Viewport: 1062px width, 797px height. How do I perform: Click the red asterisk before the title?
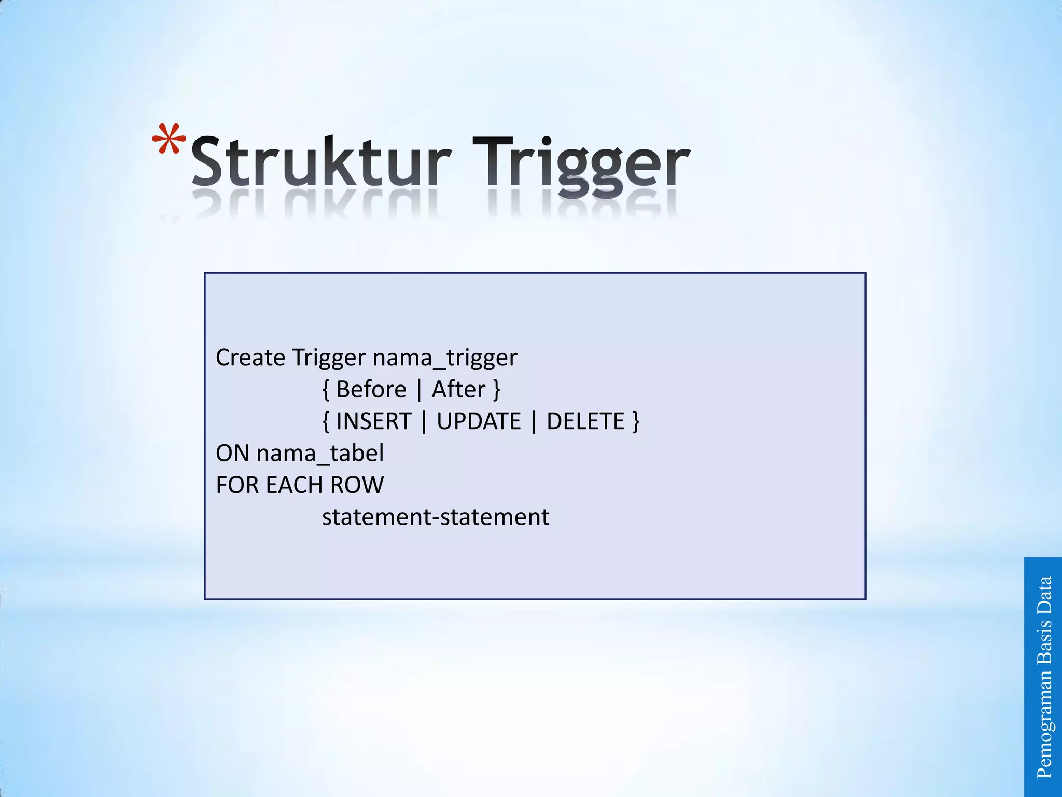[x=169, y=140]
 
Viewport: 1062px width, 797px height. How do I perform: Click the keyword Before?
[x=371, y=390]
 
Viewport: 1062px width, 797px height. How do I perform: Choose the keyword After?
[x=458, y=390]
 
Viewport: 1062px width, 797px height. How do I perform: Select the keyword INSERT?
[x=374, y=421]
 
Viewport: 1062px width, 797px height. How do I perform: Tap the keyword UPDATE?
[x=479, y=421]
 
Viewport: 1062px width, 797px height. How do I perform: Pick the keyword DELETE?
[x=585, y=421]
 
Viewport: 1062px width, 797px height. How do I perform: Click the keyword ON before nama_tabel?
[x=232, y=454]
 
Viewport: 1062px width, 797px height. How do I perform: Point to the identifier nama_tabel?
[x=320, y=454]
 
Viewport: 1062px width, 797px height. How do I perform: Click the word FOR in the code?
[x=237, y=486]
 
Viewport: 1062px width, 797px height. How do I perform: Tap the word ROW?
[x=357, y=486]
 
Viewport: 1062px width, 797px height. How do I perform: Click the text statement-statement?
[x=436, y=517]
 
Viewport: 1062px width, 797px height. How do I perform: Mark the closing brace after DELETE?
[x=636, y=421]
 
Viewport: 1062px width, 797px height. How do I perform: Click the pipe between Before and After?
[x=419, y=390]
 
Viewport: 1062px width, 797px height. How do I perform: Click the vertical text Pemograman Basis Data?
[x=1044, y=677]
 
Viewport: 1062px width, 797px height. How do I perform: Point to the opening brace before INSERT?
[x=326, y=421]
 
